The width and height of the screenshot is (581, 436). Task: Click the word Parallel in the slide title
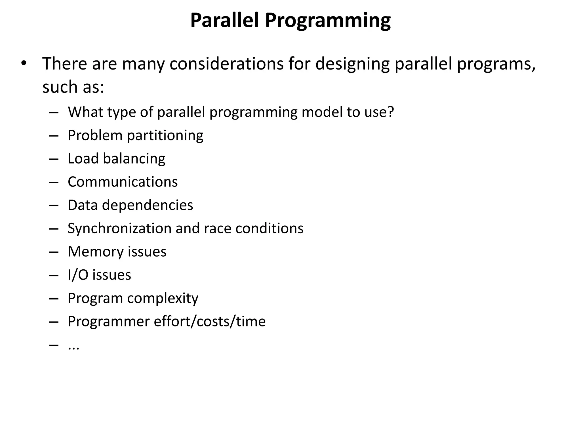pos(224,20)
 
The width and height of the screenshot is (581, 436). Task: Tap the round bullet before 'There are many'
pos(24,63)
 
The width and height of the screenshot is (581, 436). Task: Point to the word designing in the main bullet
pos(352,64)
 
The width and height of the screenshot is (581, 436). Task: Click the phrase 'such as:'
pos(73,87)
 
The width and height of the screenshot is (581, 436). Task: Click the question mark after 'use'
pos(391,112)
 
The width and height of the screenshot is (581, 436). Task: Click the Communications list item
pos(123,182)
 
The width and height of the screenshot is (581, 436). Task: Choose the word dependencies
pos(148,205)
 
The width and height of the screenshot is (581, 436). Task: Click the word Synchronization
pos(119,229)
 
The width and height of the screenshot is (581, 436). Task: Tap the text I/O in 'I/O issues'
pos(78,275)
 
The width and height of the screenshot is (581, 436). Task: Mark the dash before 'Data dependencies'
pos(54,205)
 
